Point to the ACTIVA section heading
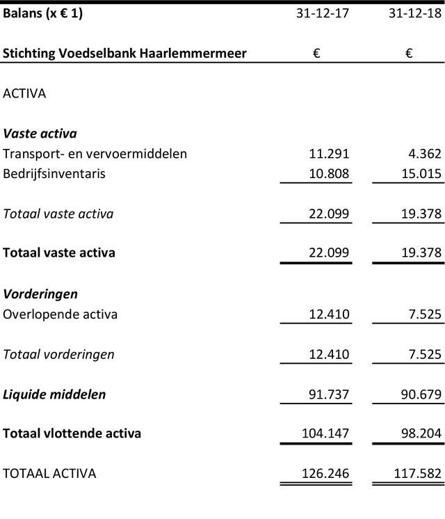point(25,93)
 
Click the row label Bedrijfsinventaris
point(54,174)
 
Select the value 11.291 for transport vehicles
point(328,154)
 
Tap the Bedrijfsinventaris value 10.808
point(328,174)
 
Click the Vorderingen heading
point(40,294)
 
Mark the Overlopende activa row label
point(60,314)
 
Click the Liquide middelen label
point(54,394)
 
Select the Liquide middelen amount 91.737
point(328,394)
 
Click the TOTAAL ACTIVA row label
point(49,474)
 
